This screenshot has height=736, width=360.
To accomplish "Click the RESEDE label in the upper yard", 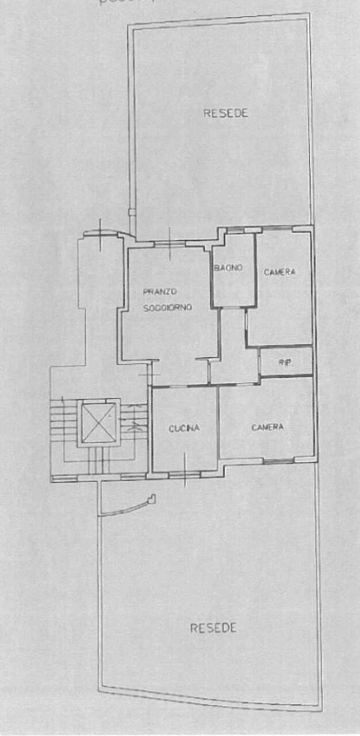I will click(x=226, y=113).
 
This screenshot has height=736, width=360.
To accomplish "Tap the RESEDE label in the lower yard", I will click(x=213, y=628).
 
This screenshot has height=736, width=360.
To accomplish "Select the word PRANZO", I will click(x=160, y=292).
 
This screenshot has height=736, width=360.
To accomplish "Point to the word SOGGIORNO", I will click(x=167, y=308).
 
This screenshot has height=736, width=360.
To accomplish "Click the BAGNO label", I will click(x=229, y=268).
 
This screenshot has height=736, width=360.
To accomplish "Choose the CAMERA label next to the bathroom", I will click(x=279, y=272).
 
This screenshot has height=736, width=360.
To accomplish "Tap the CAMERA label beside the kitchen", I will click(x=267, y=427).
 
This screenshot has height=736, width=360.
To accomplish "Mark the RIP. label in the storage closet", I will click(x=285, y=363).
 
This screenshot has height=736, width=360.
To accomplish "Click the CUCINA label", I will click(x=184, y=428).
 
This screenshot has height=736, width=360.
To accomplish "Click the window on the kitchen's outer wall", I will click(x=184, y=474).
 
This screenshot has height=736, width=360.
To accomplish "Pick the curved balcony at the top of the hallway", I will click(x=101, y=233).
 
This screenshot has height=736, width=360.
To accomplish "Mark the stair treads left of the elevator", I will click(x=60, y=425).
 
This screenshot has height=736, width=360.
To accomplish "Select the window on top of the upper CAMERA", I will click(x=276, y=229).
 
